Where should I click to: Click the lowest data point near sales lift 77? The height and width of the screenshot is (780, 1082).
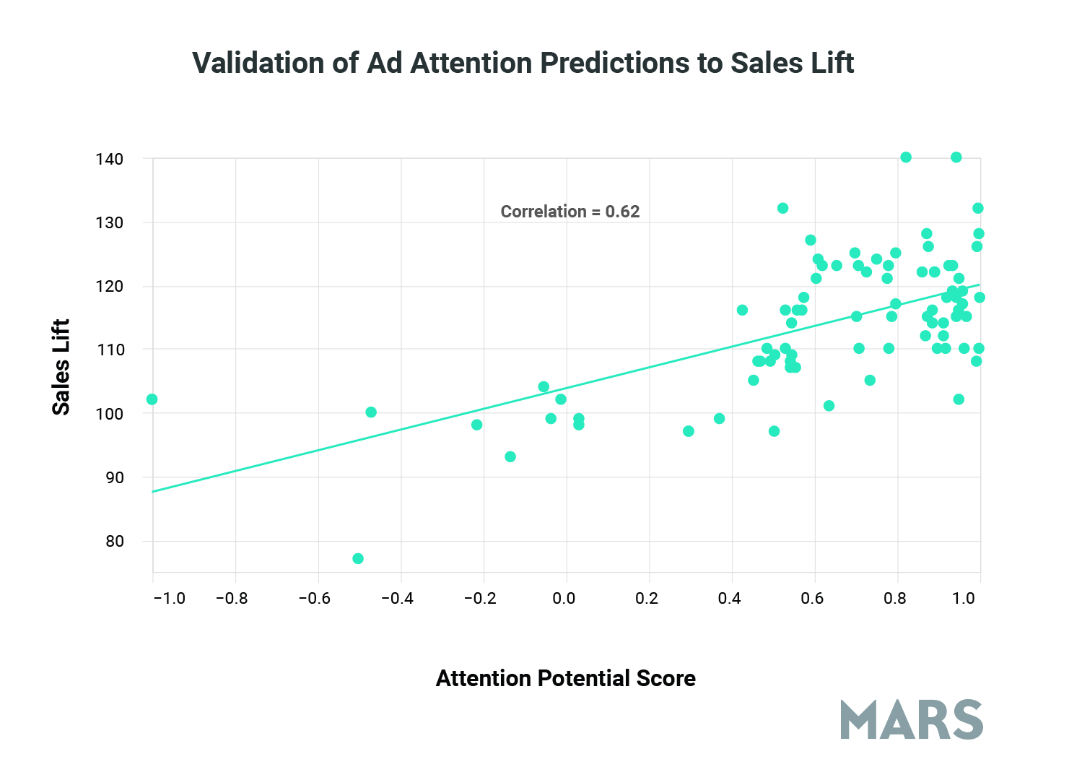pyautogui.click(x=358, y=558)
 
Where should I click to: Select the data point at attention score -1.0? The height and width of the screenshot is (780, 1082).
pyautogui.click(x=152, y=399)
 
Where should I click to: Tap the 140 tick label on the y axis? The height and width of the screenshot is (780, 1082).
pyautogui.click(x=109, y=159)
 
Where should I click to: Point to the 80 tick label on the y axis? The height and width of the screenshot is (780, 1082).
pyautogui.click(x=114, y=541)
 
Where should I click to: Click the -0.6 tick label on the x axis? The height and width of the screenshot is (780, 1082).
pyautogui.click(x=314, y=599)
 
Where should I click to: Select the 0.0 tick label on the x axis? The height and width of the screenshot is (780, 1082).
pyautogui.click(x=564, y=599)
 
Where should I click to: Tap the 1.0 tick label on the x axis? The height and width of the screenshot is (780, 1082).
pyautogui.click(x=964, y=599)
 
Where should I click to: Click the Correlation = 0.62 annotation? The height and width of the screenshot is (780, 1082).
pyautogui.click(x=570, y=212)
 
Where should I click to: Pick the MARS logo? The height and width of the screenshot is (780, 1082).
pyautogui.click(x=912, y=719)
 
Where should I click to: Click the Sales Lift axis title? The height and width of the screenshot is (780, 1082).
pyautogui.click(x=61, y=367)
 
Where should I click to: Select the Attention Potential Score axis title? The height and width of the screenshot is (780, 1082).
pyautogui.click(x=565, y=678)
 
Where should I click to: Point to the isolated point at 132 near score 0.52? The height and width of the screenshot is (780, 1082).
pyautogui.click(x=782, y=208)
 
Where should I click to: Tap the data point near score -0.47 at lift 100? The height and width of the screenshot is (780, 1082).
pyautogui.click(x=371, y=412)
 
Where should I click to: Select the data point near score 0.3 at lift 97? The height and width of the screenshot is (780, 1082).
pyautogui.click(x=689, y=431)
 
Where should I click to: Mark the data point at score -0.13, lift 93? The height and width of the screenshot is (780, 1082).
pyautogui.click(x=510, y=456)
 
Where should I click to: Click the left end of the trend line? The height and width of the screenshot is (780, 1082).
pyautogui.click(x=154, y=491)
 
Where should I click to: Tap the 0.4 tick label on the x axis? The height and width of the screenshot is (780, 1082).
pyautogui.click(x=729, y=599)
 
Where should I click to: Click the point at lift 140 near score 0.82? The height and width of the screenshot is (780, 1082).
pyautogui.click(x=906, y=157)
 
